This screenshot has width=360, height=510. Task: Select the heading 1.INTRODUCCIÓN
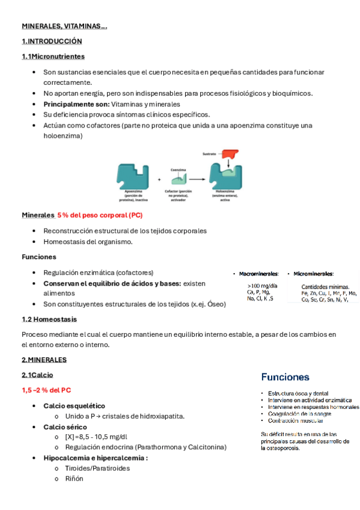tap(51, 41)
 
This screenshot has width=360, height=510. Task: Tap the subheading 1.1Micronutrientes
tap(53, 57)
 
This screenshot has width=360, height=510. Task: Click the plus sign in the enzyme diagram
tap(159, 179)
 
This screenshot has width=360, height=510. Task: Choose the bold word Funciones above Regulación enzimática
tap(38, 257)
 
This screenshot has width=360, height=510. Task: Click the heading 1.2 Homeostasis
tap(49, 319)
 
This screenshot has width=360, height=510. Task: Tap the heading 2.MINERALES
tap(44, 360)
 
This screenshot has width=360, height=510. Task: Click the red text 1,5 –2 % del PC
tap(46, 390)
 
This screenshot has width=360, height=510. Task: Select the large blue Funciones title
tap(285, 378)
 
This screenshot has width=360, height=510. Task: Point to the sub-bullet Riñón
tap(74, 479)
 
